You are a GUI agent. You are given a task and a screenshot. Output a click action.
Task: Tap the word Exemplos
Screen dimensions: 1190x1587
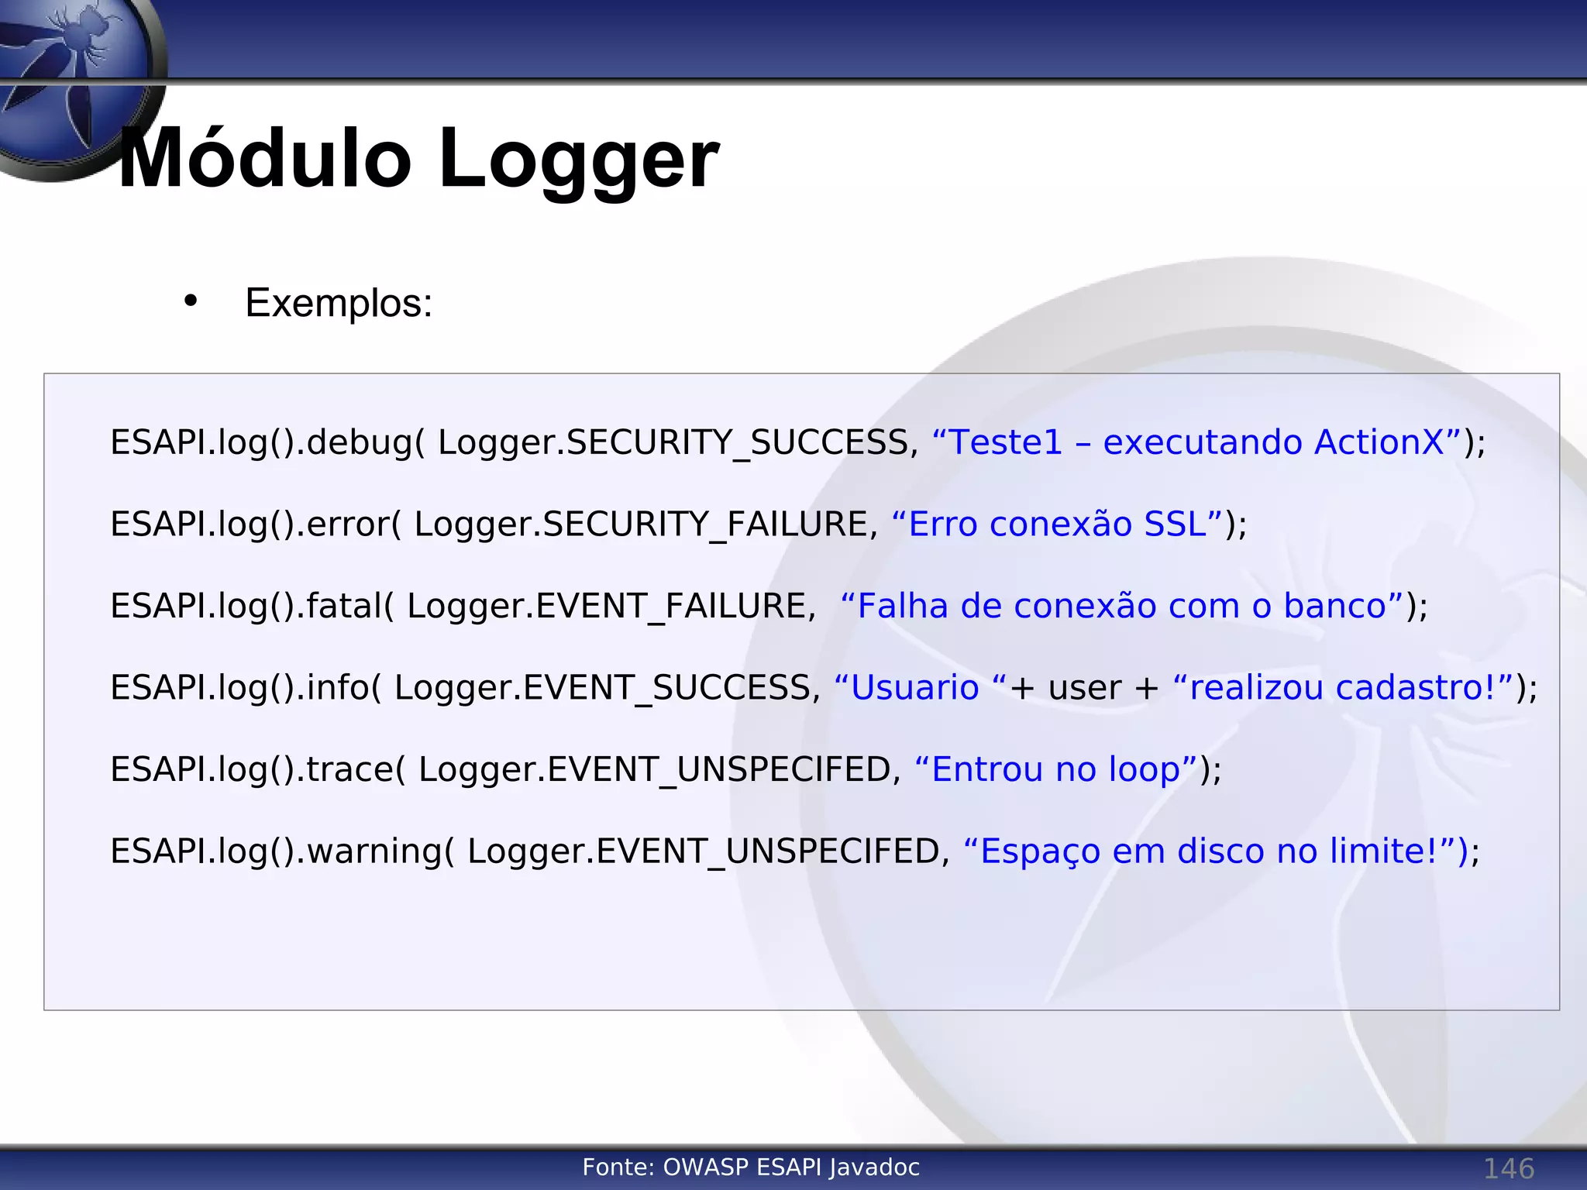pos(338,303)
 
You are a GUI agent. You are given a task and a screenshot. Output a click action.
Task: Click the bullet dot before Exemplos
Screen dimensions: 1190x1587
pos(191,301)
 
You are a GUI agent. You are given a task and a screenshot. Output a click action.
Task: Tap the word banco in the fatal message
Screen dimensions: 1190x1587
pos(1334,606)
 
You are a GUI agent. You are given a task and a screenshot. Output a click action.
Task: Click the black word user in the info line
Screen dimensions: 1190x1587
pos(1085,688)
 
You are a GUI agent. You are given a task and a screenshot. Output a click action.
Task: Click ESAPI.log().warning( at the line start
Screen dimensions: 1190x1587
pos(282,851)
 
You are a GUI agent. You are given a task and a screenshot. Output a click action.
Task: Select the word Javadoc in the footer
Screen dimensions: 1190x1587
pos(874,1168)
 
